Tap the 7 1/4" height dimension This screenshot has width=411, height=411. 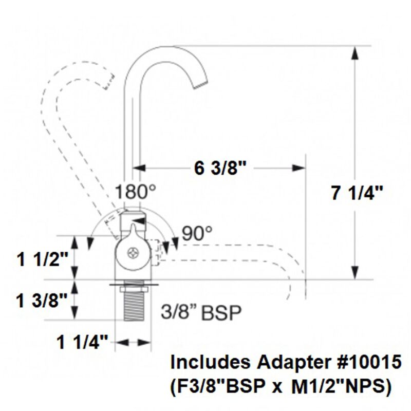pos(357,194)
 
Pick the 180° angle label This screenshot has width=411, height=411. pos(135,193)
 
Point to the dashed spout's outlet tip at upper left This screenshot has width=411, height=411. pos(108,81)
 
